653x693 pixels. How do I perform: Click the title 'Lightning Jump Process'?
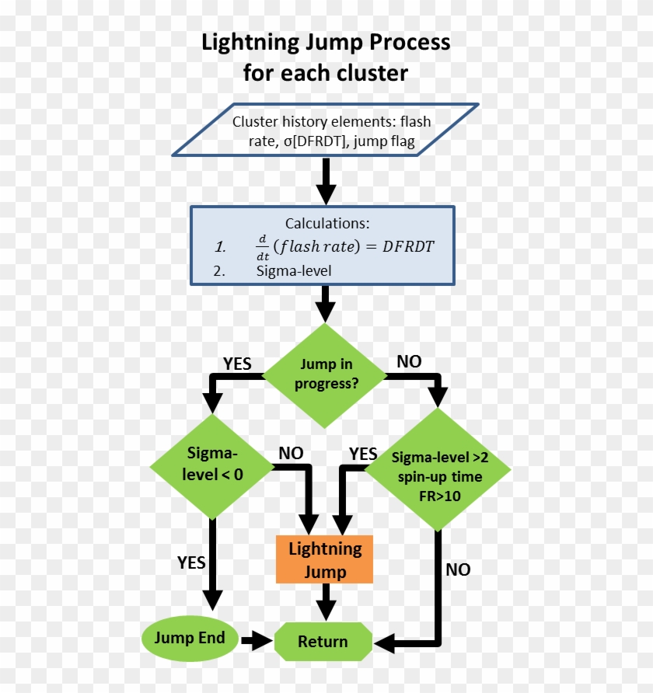click(326, 42)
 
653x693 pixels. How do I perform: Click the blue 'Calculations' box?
click(322, 245)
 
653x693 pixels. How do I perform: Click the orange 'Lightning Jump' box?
click(325, 559)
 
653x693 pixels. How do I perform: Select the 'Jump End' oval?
click(189, 639)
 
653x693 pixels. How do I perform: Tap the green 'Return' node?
click(323, 642)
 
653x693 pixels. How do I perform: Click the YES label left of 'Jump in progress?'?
click(237, 364)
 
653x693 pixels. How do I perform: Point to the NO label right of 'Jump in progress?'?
click(409, 361)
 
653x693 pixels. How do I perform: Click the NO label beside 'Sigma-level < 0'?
click(291, 453)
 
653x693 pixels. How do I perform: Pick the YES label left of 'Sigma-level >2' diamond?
click(363, 454)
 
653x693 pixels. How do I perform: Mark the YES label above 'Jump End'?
click(191, 562)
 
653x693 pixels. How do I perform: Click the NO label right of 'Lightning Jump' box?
click(458, 569)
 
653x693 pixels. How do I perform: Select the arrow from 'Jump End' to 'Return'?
click(256, 641)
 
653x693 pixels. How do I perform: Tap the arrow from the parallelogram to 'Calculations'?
click(326, 182)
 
